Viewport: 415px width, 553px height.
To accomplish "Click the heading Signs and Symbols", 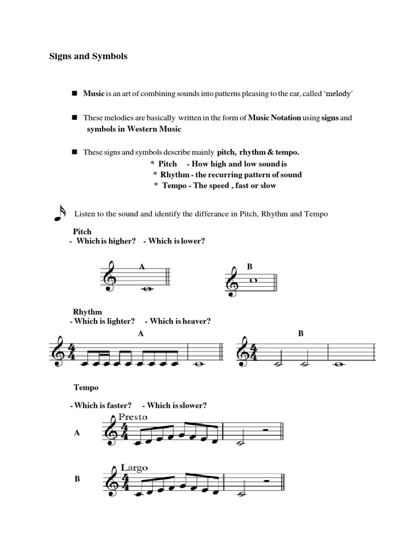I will coord(89,56).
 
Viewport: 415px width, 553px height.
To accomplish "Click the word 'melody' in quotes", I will coord(339,94).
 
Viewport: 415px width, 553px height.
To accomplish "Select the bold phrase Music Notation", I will coord(275,118).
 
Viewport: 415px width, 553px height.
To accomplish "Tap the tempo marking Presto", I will coord(132,417).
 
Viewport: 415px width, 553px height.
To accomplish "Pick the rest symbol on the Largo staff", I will coord(266,480).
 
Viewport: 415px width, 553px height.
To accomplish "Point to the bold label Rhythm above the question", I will coord(88,312).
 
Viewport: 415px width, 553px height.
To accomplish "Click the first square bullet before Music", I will coord(75,94).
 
